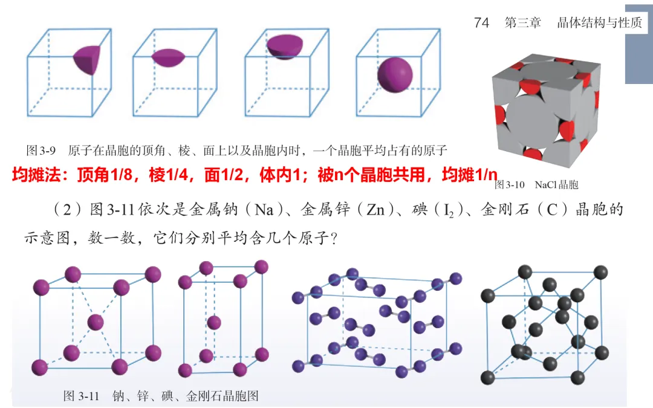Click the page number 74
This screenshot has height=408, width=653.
[x=482, y=22]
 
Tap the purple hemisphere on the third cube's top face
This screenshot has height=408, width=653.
[x=287, y=47]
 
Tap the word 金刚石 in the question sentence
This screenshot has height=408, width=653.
[x=504, y=210]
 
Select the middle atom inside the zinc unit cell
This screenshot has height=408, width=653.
[x=213, y=322]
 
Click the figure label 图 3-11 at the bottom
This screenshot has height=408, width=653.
[x=81, y=397]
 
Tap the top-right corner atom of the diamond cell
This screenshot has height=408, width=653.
[x=600, y=272]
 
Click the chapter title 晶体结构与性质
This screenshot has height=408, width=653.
[x=599, y=22]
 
